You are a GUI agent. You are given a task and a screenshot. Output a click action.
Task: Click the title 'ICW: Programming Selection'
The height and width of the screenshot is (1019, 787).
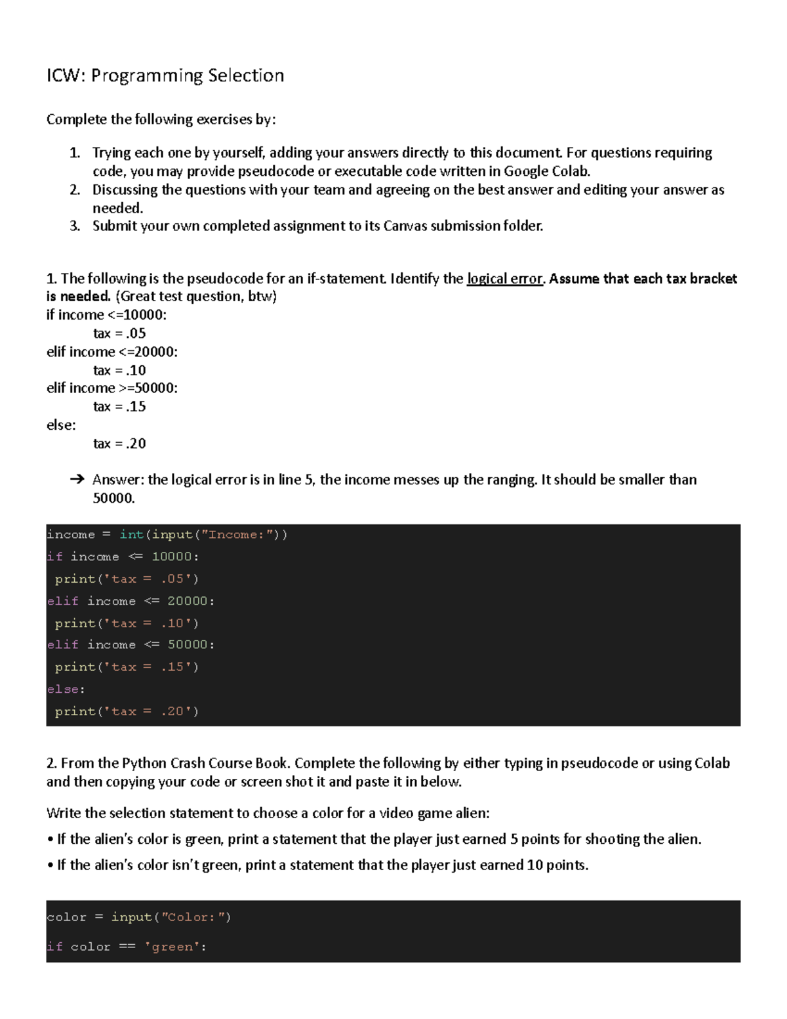pyautogui.click(x=165, y=76)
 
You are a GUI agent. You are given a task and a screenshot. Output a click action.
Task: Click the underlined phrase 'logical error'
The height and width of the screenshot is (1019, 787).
pyautogui.click(x=504, y=279)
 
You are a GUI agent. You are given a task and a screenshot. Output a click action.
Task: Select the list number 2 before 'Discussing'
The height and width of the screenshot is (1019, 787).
pyautogui.click(x=75, y=190)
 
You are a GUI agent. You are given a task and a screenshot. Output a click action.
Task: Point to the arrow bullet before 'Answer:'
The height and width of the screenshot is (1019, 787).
pyautogui.click(x=77, y=480)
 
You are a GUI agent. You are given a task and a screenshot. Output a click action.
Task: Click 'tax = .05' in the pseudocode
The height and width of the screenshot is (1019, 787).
pyautogui.click(x=119, y=333)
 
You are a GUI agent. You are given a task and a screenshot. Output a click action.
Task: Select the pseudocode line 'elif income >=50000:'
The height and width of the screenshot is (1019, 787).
pyautogui.click(x=112, y=388)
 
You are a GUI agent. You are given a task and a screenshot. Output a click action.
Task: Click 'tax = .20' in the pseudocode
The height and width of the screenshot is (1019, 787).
pyautogui.click(x=119, y=444)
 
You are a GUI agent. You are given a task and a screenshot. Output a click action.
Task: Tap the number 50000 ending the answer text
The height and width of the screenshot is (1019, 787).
pyautogui.click(x=113, y=498)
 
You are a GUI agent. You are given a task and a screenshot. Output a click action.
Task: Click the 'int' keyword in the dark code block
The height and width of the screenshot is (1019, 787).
pyautogui.click(x=131, y=535)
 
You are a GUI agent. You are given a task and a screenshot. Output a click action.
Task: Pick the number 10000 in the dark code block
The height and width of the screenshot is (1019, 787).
pyautogui.click(x=172, y=556)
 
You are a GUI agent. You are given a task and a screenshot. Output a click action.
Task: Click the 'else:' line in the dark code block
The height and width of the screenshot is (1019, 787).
pyautogui.click(x=66, y=689)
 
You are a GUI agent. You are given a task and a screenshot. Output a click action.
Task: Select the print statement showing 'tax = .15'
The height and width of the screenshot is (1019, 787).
pyautogui.click(x=127, y=667)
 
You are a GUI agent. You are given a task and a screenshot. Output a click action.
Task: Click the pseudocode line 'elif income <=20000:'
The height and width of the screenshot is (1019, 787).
pyautogui.click(x=112, y=352)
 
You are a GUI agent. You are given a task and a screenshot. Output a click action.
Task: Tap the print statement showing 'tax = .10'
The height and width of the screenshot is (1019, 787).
pyautogui.click(x=127, y=623)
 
